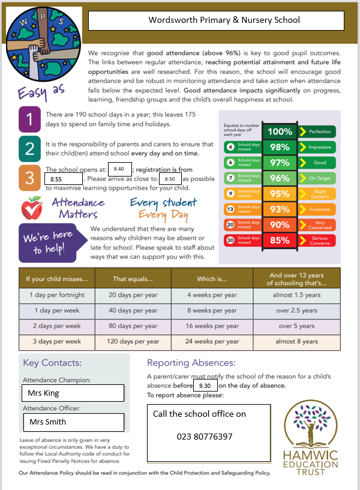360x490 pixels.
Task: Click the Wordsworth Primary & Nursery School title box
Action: [x=216, y=20]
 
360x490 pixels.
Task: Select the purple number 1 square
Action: [x=30, y=119]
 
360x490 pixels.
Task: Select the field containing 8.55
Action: [x=63, y=179]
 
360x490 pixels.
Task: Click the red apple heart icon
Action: [x=32, y=208]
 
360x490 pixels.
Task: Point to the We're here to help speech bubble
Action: [x=47, y=242]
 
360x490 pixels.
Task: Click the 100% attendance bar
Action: [x=280, y=132]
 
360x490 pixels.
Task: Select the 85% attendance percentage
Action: [x=280, y=241]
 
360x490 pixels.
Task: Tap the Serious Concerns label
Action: [x=319, y=241]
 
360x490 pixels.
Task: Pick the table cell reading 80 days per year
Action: [x=133, y=326]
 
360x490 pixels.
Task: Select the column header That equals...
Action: [x=133, y=279]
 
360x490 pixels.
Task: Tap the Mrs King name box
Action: [x=73, y=393]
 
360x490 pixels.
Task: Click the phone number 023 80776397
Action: [x=204, y=437]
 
